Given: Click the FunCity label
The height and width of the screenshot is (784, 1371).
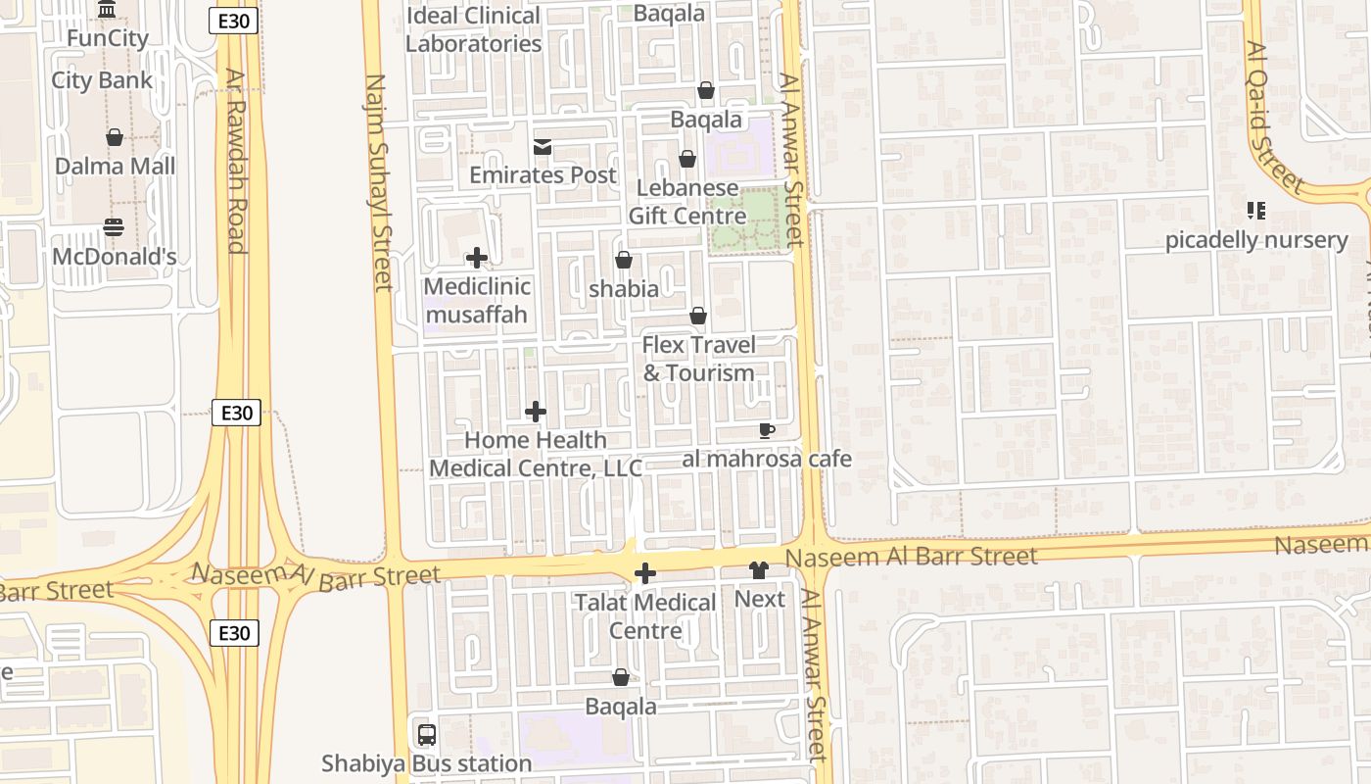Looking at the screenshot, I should tap(108, 39).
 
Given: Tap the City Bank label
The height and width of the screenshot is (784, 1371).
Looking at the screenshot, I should tap(102, 80).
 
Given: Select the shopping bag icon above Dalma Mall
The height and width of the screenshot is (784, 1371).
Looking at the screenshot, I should tap(115, 137).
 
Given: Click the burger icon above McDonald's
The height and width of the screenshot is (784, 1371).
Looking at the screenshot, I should tap(114, 228).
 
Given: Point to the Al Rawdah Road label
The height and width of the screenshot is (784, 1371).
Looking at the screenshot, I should tap(234, 161).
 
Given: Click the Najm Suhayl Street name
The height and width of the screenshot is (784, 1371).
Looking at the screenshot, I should tap(379, 182).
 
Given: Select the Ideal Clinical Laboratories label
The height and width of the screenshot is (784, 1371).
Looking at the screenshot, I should tap(473, 29).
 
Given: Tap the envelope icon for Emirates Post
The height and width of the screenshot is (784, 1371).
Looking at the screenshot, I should tap(542, 148).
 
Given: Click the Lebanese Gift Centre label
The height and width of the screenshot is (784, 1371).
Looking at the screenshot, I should tap(686, 202).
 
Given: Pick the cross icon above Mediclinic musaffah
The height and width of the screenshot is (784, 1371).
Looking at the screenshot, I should tap(477, 259).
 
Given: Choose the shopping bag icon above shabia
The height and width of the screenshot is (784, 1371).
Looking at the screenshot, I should tap(623, 261).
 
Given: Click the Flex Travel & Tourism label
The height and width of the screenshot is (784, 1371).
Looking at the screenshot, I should tap(698, 359).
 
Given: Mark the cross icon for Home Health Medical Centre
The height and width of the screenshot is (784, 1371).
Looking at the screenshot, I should tap(536, 413).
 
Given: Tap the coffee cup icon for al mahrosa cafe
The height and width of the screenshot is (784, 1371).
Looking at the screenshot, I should tap(767, 431).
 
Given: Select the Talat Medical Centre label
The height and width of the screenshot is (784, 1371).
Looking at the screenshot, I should tap(645, 616).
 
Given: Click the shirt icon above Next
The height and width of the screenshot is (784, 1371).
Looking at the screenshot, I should tap(759, 570).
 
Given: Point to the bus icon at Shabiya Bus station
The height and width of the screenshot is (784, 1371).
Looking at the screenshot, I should tap(427, 735).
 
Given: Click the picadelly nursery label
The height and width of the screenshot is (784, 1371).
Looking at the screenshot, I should tap(1256, 240).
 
